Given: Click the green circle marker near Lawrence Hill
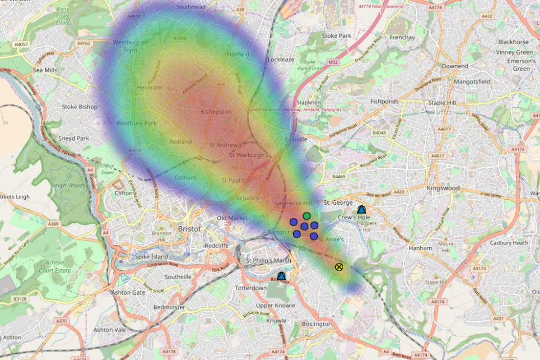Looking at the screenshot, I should (x=307, y=216).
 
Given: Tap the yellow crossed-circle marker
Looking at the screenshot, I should (x=339, y=267).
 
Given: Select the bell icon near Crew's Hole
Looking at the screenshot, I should (x=361, y=209).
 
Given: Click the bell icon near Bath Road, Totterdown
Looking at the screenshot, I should (x=281, y=276).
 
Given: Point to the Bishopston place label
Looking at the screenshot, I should (x=216, y=112).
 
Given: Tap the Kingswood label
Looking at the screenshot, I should (x=443, y=188).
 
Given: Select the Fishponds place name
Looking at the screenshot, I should (x=385, y=102).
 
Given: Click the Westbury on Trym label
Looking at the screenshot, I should (x=130, y=46).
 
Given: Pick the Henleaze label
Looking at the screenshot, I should (x=150, y=88).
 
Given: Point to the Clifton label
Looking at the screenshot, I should (x=124, y=193).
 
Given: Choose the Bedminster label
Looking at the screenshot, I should (x=170, y=308).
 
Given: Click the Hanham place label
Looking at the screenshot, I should (x=421, y=248).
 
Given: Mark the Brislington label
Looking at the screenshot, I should (x=317, y=324).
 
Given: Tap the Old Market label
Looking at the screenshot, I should (x=233, y=218).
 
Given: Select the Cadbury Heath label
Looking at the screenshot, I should (x=509, y=243).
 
